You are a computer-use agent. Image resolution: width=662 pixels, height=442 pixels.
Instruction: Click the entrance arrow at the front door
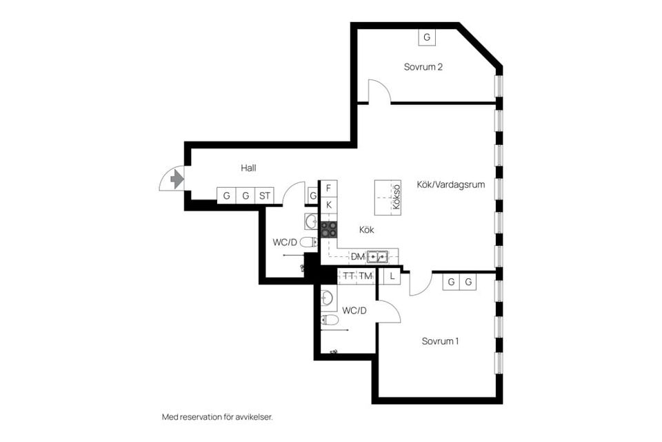(177, 180)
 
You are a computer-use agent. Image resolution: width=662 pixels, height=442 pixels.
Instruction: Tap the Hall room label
(248, 168)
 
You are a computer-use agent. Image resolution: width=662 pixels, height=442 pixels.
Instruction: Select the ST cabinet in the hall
(265, 196)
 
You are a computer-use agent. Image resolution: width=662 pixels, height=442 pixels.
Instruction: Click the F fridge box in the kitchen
(328, 189)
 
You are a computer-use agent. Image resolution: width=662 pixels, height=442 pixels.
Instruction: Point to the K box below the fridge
(328, 206)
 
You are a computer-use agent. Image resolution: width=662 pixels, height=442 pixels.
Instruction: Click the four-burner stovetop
(329, 230)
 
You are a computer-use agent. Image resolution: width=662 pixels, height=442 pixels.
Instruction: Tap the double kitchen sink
(377, 256)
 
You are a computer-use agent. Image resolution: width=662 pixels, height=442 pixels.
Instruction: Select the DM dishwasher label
(358, 257)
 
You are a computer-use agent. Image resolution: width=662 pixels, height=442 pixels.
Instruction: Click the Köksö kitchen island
(388, 198)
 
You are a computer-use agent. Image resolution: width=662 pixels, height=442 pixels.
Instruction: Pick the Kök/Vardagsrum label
(450, 184)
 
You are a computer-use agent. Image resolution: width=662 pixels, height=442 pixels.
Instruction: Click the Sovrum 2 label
(423, 67)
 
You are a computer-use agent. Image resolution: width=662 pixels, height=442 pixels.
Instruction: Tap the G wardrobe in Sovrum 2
(427, 37)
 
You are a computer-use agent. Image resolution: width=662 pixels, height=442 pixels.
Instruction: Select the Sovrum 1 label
(440, 341)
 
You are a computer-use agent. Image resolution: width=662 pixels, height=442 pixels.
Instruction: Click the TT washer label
(348, 276)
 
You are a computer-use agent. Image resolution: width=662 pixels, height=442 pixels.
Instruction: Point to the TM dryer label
(365, 276)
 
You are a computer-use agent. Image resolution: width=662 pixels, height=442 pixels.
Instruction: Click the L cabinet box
(392, 277)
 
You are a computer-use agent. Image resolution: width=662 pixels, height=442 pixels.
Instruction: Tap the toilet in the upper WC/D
(309, 242)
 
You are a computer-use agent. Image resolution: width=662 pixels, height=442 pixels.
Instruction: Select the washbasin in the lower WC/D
(328, 298)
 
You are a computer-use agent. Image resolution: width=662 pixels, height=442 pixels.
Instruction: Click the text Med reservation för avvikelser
(217, 417)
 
